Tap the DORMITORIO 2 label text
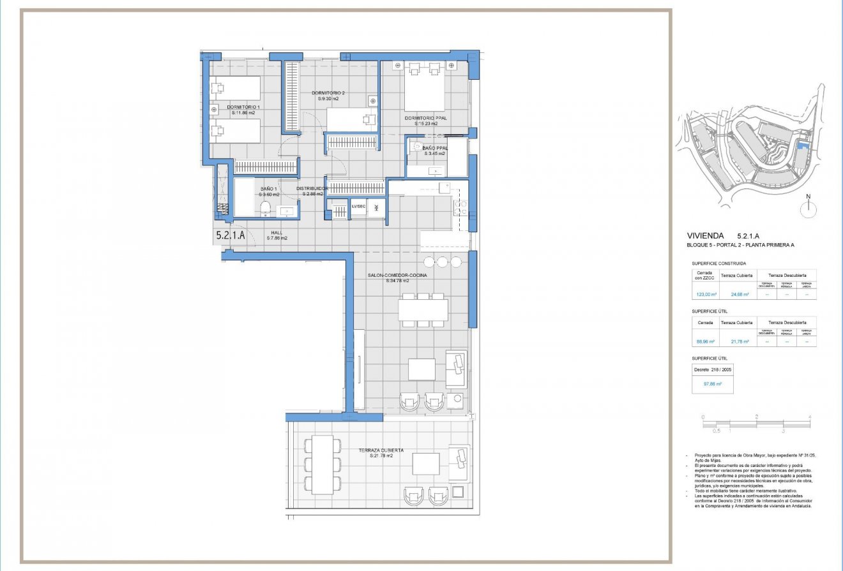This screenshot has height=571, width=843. (x=329, y=93)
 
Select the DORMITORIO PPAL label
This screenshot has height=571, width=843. (x=425, y=118)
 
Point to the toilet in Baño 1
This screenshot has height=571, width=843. (x=265, y=207)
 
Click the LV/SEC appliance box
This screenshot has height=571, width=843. (x=358, y=207)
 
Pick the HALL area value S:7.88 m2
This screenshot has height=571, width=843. (x=277, y=238)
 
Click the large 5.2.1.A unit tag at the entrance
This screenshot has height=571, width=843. (x=230, y=235)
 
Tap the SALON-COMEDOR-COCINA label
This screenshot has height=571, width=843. (x=397, y=276)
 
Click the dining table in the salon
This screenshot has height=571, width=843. (x=423, y=310)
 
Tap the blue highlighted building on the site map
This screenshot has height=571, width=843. (x=803, y=151)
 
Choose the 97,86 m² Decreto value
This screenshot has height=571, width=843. (x=712, y=384)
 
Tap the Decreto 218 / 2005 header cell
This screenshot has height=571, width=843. (x=712, y=369)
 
